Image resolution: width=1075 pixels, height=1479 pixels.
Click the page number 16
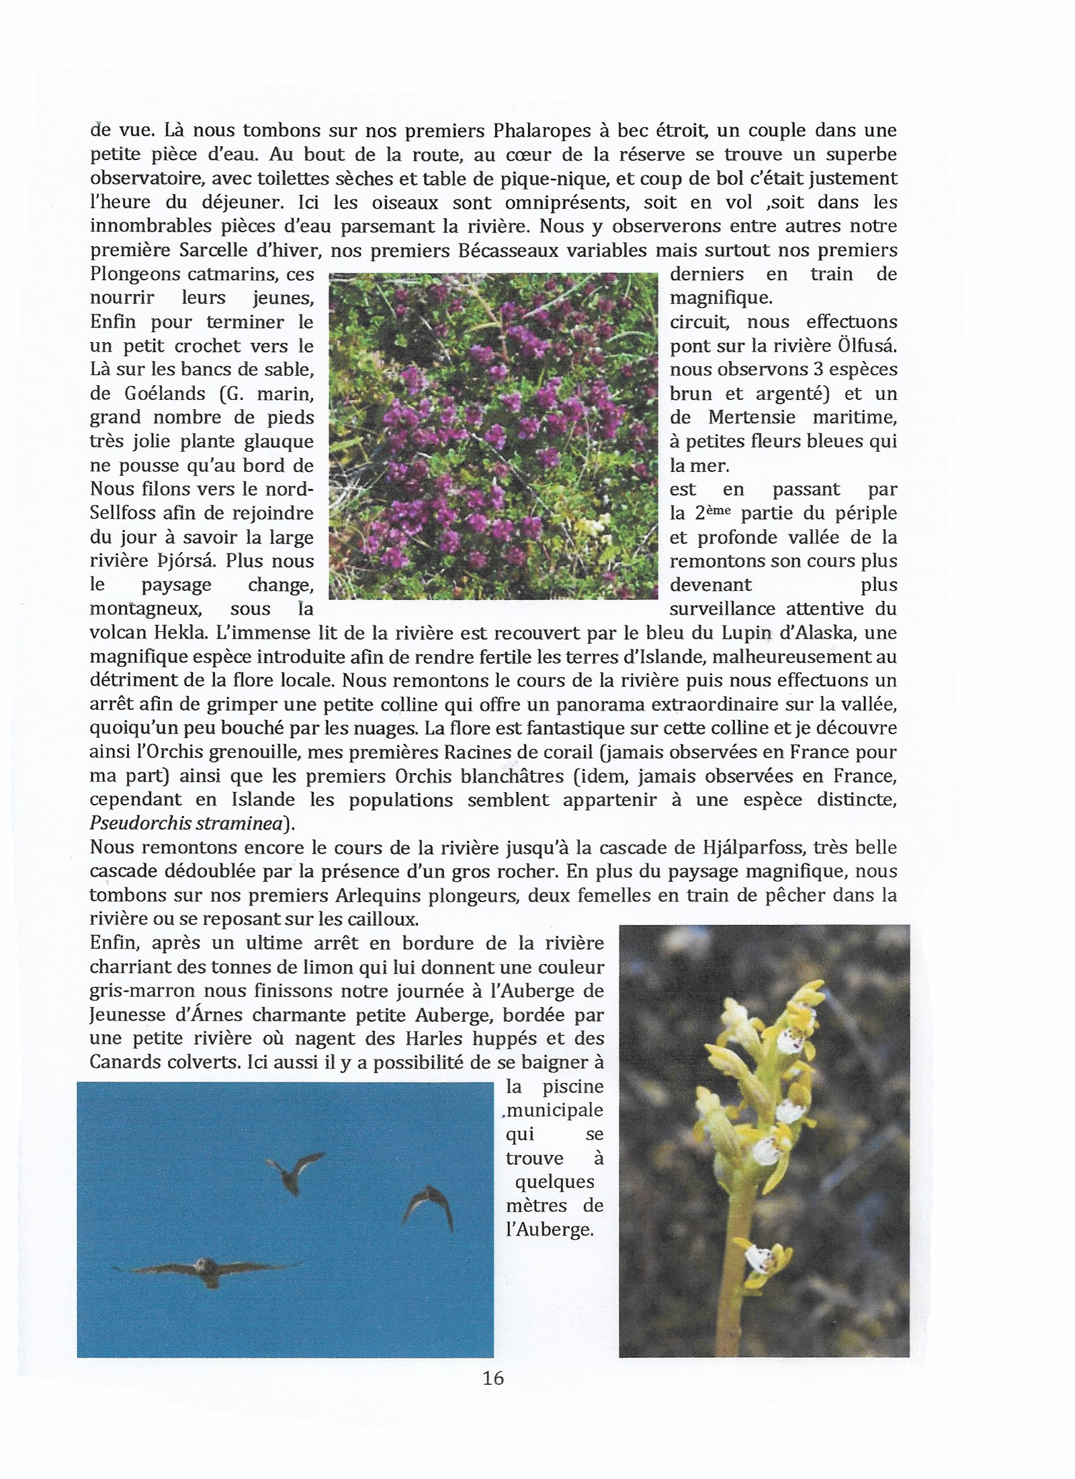point(492,1378)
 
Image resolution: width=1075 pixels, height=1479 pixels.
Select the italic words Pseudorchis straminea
point(186,824)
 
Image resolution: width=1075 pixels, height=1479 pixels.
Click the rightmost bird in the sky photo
point(429,1207)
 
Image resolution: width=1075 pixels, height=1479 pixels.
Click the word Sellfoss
point(124,513)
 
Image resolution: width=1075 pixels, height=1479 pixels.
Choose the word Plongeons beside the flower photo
point(134,274)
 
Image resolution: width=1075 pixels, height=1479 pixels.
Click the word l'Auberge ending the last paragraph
point(550,1230)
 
